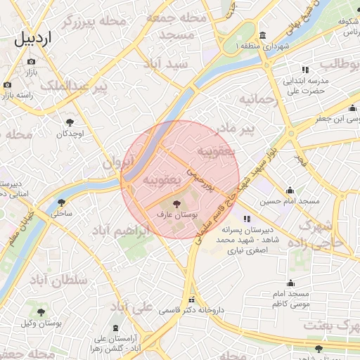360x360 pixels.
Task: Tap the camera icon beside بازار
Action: tap(31, 61)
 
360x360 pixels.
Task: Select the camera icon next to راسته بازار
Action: tap(8, 85)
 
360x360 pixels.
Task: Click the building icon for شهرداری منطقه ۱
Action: tap(262, 36)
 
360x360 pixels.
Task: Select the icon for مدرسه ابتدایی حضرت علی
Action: tap(305, 70)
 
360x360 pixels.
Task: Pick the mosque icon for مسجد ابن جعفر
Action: tap(353, 108)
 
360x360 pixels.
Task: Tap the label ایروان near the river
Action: tap(117, 162)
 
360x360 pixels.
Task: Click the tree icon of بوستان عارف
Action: tap(176, 203)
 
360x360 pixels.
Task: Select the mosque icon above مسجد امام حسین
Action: tap(290, 190)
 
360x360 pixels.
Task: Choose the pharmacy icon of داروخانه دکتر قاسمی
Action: tap(191, 298)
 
